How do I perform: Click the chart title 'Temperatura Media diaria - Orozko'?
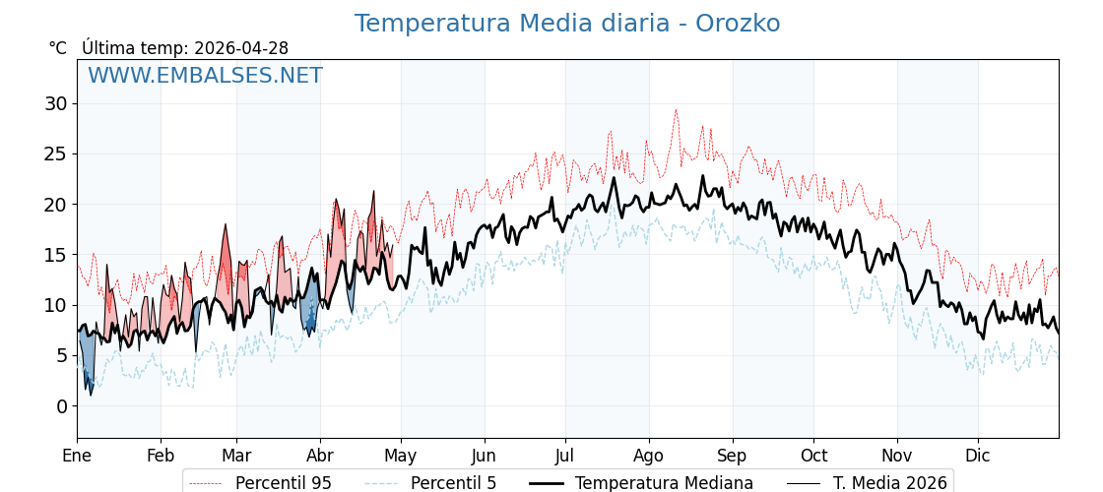pos(567,24)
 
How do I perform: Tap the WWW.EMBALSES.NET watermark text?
pos(205,76)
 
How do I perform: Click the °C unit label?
pos(58,48)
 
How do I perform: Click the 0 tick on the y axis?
pos(61,406)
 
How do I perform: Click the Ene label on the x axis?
pos(77,456)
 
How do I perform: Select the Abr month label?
pos(320,456)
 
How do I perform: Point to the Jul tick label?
pos(565,456)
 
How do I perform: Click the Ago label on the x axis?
pos(649,456)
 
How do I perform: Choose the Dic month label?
pos(978,456)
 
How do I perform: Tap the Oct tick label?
pos(813,456)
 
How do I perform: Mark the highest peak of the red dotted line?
pos(676,110)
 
